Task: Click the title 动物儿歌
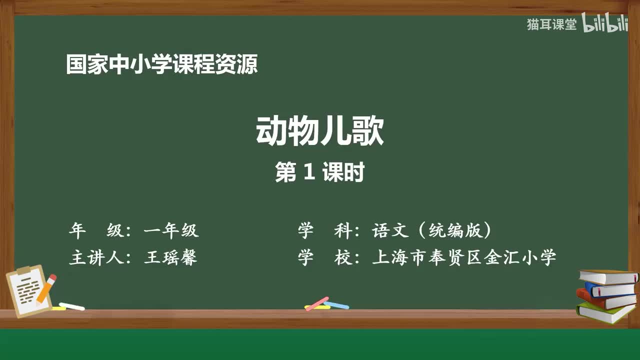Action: point(320,131)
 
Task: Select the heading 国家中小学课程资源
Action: point(162,64)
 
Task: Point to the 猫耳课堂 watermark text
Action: point(551,24)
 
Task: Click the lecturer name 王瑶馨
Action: point(170,257)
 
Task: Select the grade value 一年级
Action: point(171,230)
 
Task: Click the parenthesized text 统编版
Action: point(455,230)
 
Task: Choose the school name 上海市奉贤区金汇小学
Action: point(464,257)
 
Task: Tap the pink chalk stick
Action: point(317,303)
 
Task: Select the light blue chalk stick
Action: point(336,304)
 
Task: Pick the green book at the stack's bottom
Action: point(605,312)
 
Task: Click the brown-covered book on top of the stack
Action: point(608,276)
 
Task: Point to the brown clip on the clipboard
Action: point(24,270)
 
